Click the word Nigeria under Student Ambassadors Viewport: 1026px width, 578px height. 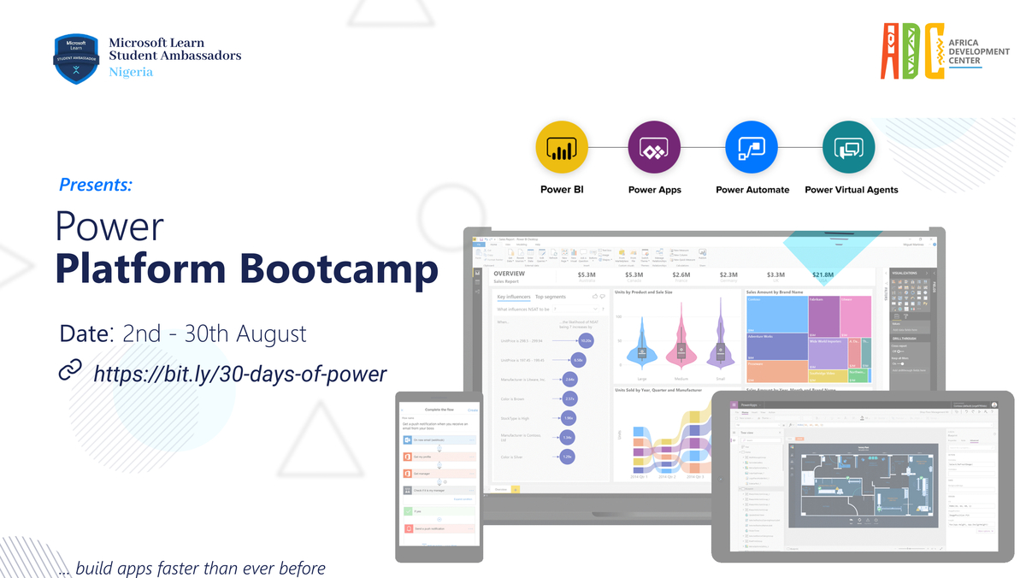pyautogui.click(x=131, y=72)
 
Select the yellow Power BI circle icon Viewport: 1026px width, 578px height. pyautogui.click(x=561, y=148)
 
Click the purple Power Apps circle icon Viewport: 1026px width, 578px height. pyautogui.click(x=654, y=148)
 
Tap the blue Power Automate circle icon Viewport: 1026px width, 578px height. pyautogui.click(x=752, y=148)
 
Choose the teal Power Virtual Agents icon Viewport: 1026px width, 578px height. pyautogui.click(x=849, y=148)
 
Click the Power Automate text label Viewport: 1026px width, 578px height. pyautogui.click(x=752, y=190)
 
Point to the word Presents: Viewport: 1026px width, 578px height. pyautogui.click(x=96, y=184)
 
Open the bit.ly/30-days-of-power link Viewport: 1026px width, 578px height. pyautogui.click(x=239, y=373)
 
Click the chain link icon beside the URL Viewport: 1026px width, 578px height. pyautogui.click(x=69, y=371)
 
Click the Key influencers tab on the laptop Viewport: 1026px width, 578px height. pyautogui.click(x=513, y=297)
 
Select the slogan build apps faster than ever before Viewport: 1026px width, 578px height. pyautogui.click(x=200, y=568)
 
